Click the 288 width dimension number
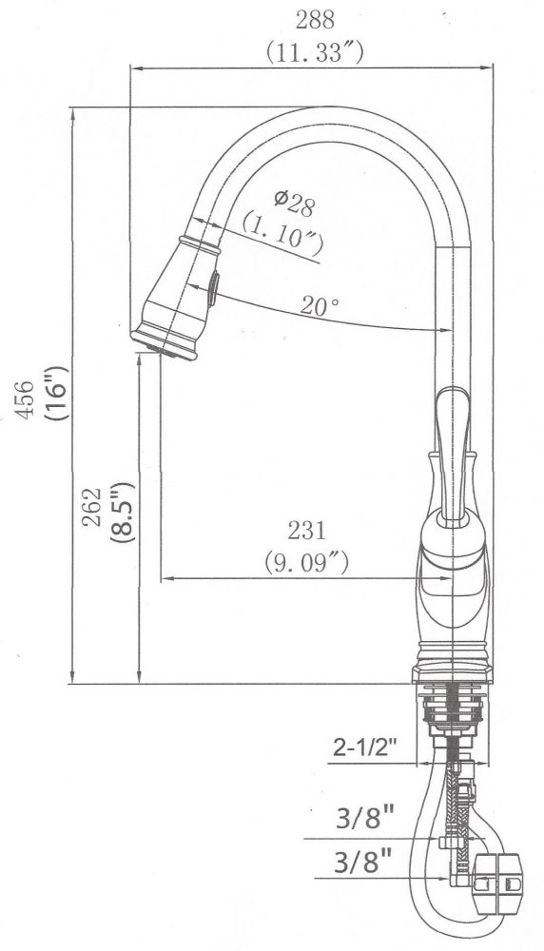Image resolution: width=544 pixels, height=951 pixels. click(x=315, y=18)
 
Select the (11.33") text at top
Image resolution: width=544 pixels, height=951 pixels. click(x=315, y=52)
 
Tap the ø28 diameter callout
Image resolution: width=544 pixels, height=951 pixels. click(x=293, y=200)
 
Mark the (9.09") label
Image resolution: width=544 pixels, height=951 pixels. click(x=306, y=561)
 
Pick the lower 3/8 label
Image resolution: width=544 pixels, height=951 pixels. click(x=365, y=864)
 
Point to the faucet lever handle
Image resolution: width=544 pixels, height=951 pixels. click(x=454, y=447)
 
